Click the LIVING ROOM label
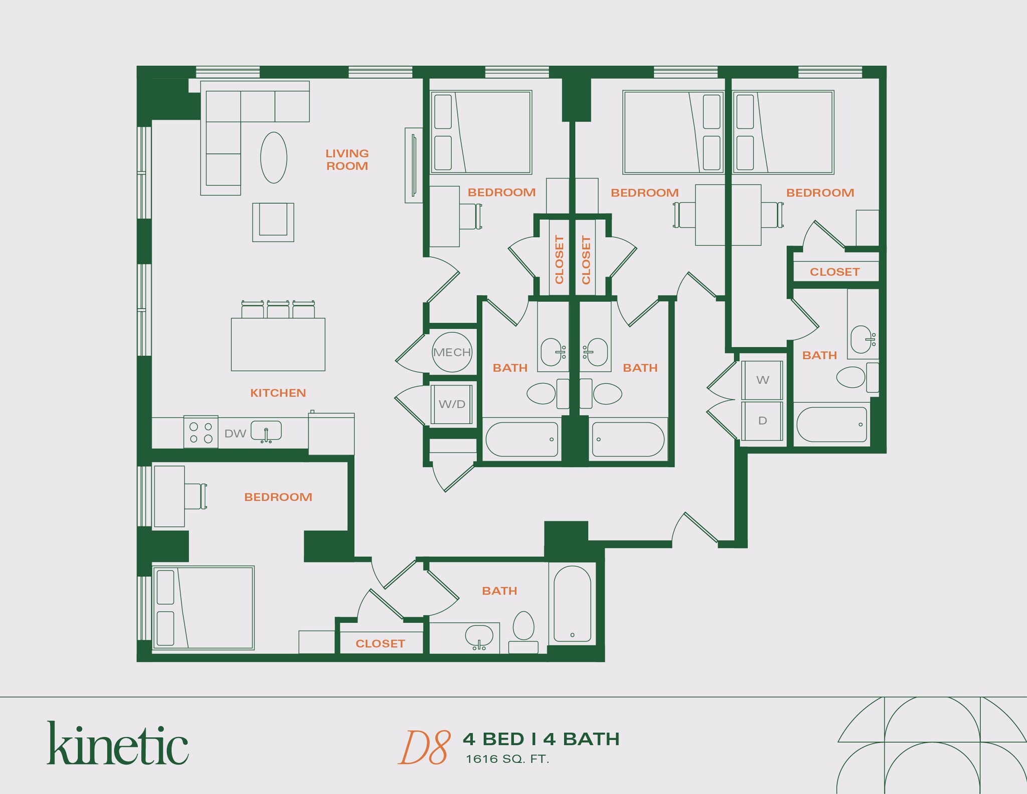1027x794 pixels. tap(347, 160)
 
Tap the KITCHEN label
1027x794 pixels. tap(278, 393)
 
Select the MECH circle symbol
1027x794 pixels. tap(452, 352)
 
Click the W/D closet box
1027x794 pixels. tap(452, 404)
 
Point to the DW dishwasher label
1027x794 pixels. tap(235, 433)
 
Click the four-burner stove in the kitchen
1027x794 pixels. tap(201, 431)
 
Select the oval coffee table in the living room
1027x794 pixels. tap(274, 157)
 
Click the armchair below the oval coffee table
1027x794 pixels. tap(273, 222)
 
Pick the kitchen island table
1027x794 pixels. tap(278, 344)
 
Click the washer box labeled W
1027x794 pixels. tap(762, 380)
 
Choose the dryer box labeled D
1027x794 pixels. tap(762, 420)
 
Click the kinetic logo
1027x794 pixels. tap(118, 743)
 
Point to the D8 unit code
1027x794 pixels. tap(424, 747)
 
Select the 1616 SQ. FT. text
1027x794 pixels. tap(507, 759)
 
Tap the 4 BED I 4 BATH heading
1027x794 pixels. tap(541, 739)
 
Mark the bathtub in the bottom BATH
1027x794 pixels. tap(572, 604)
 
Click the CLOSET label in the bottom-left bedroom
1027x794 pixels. tap(380, 644)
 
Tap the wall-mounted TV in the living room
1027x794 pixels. tap(414, 165)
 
